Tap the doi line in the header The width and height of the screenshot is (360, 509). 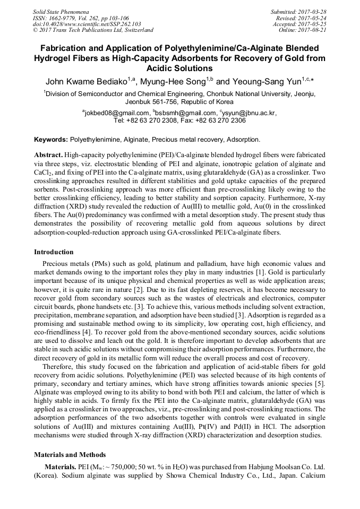point(72,24)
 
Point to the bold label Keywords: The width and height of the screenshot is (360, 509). point(51,140)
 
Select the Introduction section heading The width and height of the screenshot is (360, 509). point(54,252)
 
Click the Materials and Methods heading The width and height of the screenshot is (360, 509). point(70,455)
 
